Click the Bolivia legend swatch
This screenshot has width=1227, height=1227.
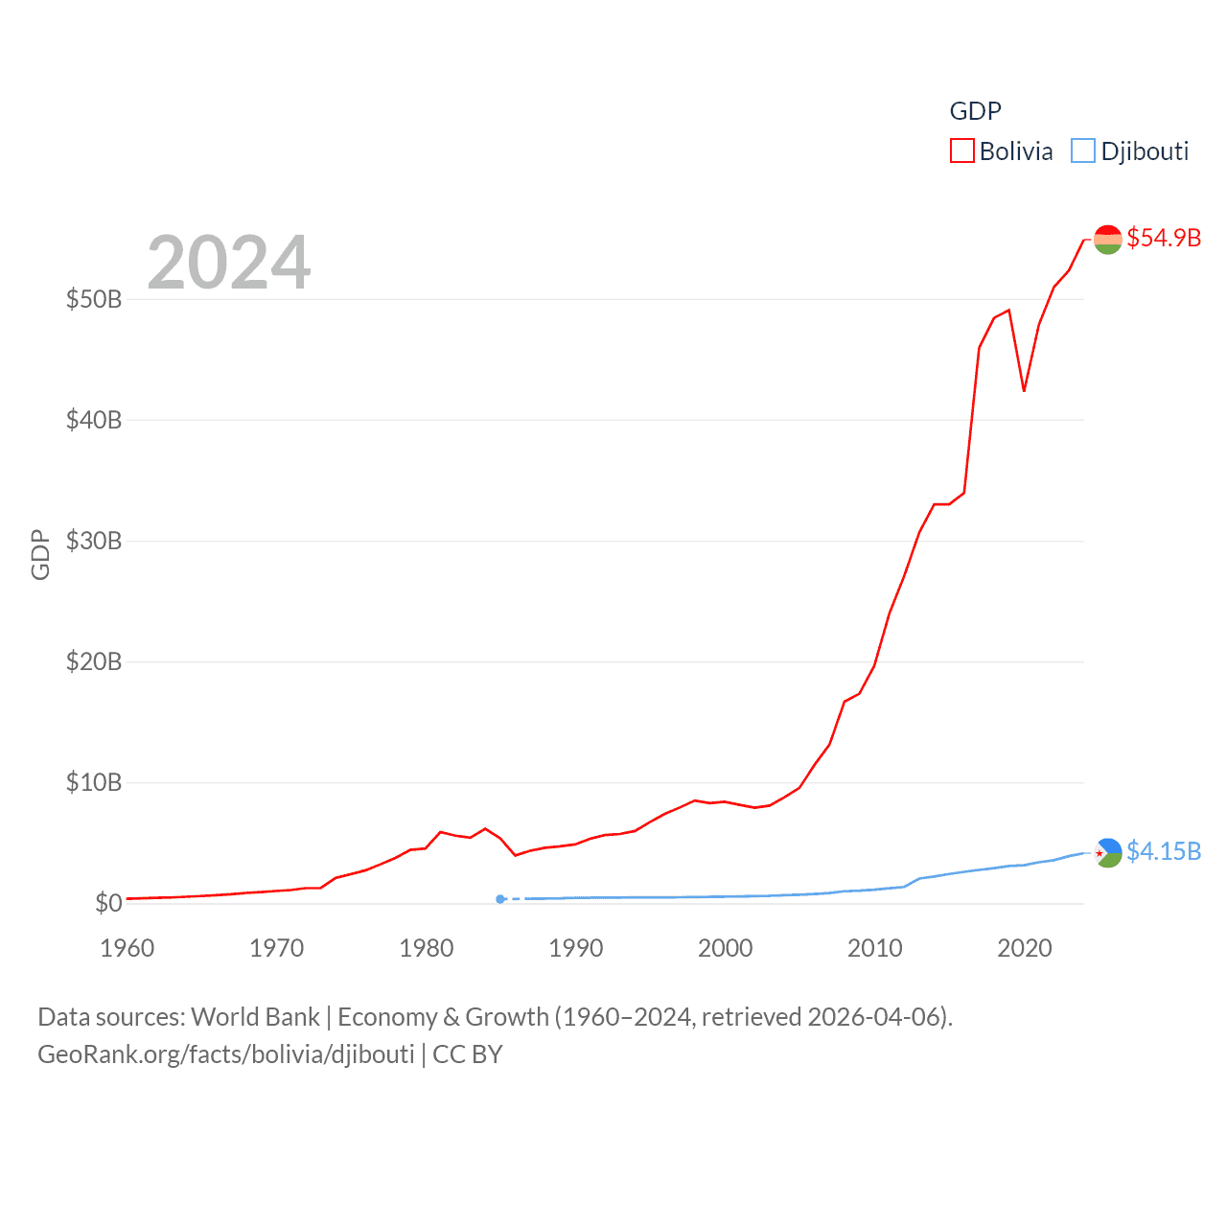pos(961,151)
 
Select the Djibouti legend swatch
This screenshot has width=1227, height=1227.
pos(1083,151)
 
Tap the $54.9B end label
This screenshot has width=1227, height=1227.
pos(1164,238)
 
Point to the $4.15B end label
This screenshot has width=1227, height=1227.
pos(1164,851)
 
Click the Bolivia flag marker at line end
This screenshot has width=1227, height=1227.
pos(1107,239)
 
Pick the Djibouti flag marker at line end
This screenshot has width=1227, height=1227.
pos(1107,852)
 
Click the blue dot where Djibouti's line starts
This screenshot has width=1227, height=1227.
pos(500,899)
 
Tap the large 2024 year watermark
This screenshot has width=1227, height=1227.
pos(228,262)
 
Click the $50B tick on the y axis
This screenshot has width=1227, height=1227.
pos(94,299)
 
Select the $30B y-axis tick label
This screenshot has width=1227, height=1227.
pos(94,541)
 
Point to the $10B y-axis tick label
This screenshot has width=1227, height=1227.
pos(94,782)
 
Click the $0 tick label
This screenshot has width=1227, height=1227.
pos(108,903)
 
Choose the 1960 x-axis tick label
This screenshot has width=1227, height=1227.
pos(127,948)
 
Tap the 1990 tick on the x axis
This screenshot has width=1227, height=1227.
pos(576,948)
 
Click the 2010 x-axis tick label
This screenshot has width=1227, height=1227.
pos(875,948)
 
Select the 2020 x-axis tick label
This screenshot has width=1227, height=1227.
pos(1025,948)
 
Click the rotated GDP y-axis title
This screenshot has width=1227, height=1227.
pos(40,554)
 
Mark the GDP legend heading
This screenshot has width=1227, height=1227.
pos(975,111)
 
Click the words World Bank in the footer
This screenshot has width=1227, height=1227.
pos(255,1016)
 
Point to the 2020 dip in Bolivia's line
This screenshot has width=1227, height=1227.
pos(1024,390)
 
